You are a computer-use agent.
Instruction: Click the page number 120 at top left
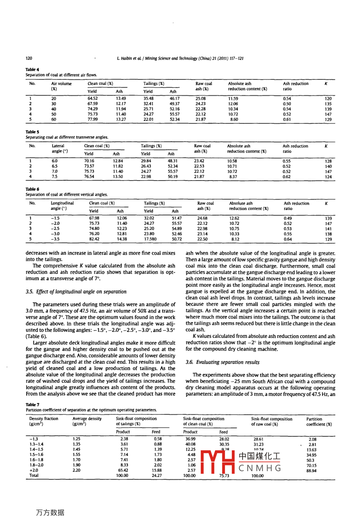29,58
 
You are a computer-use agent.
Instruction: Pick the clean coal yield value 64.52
92,98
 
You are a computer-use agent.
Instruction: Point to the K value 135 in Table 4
328,104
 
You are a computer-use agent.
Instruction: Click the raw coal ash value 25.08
201,98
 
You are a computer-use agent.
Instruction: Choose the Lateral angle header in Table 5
59,149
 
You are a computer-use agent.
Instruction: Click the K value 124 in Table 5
328,177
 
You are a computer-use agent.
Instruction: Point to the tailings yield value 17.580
150,239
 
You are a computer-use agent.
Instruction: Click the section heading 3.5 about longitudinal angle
76,292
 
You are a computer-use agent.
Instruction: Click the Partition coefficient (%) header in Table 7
319,422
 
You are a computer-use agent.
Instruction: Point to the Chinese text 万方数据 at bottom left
50,512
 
